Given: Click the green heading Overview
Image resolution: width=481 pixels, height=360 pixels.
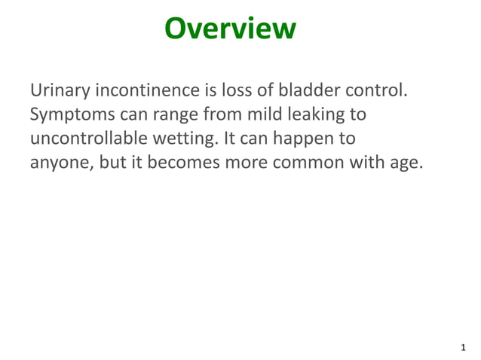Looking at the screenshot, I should coord(230,29).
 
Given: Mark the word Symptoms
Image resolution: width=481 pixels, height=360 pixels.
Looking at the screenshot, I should coord(72,115).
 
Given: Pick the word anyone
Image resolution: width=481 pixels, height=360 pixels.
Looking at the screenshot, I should coord(61,163).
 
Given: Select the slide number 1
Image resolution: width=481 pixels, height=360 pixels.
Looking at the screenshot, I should coord(462,348).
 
